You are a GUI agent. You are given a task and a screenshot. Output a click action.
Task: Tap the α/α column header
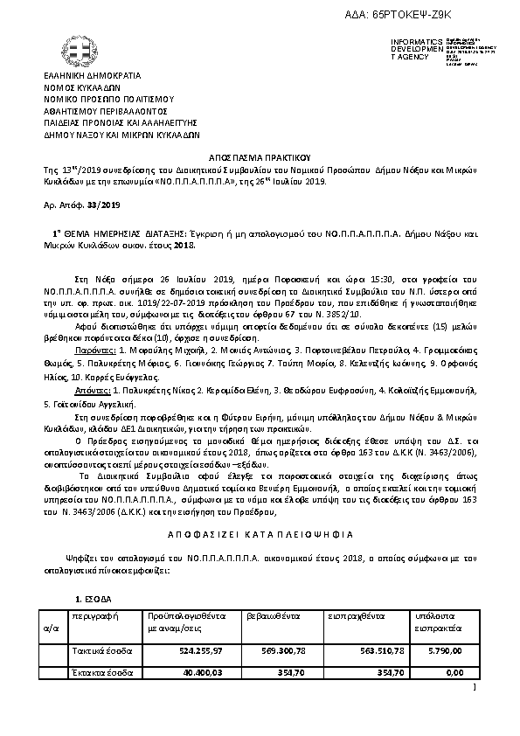point(51,628)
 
